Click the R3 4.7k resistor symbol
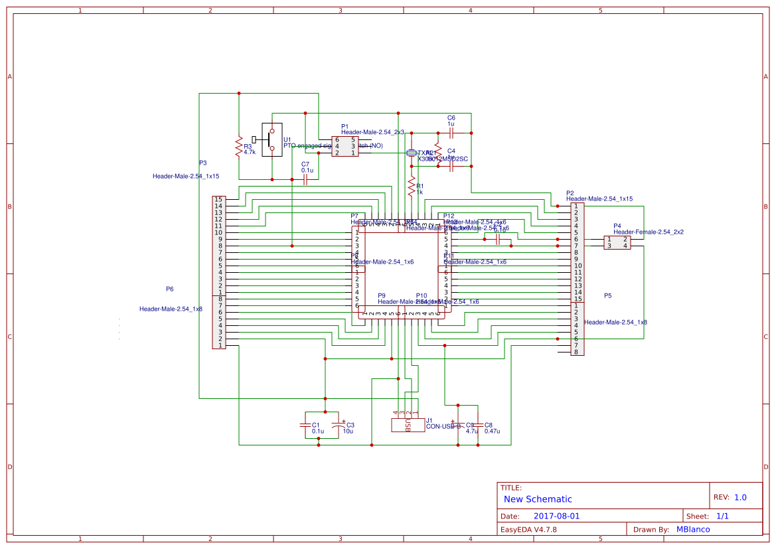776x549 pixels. [x=238, y=147]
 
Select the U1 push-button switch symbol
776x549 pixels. [x=272, y=139]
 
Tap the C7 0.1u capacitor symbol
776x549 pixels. [x=305, y=180]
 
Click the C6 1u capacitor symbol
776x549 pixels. [x=451, y=133]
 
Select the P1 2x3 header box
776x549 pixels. [x=345, y=146]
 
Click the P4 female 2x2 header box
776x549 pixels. [x=617, y=242]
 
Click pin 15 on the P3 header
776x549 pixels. [x=218, y=199]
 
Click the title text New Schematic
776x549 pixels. [x=538, y=499]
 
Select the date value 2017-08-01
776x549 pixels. [x=556, y=516]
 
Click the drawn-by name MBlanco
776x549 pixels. [x=693, y=529]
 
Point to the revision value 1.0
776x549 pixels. [x=740, y=497]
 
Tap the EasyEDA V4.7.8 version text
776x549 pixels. [x=528, y=529]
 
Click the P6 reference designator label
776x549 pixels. [x=170, y=289]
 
